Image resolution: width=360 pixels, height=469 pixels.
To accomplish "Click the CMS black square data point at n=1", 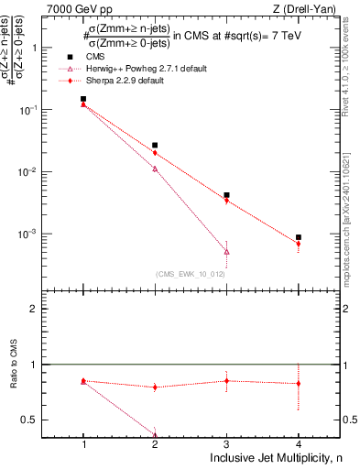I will [83, 99].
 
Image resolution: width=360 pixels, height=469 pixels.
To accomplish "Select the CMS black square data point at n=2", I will [155, 145].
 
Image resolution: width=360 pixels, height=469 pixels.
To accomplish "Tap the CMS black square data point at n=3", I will [226, 195].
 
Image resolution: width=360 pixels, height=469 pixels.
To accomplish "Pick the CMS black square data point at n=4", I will [298, 237].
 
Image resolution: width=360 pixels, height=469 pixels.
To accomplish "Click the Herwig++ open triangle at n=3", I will [226, 251].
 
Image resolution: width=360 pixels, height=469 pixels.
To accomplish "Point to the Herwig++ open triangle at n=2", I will [155, 169].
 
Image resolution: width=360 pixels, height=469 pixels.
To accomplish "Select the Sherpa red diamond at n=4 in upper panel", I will [298, 244].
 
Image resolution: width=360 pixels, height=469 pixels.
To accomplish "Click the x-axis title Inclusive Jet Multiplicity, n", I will [275, 457].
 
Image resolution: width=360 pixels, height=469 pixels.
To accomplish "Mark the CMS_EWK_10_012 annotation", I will [191, 274].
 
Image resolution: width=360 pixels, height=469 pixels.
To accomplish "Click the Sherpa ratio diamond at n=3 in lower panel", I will [226, 380].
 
